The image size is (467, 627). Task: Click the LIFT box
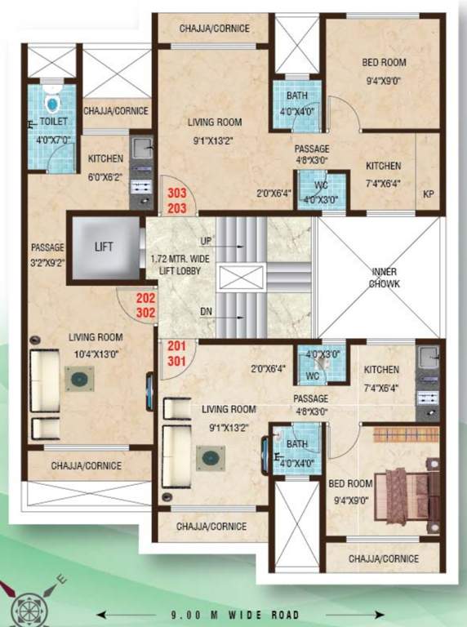(x=103, y=246)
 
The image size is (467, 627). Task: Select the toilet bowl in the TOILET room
(x=53, y=103)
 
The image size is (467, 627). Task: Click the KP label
(x=429, y=193)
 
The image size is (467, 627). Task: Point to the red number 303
(x=177, y=194)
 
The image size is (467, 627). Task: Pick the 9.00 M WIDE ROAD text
(x=234, y=615)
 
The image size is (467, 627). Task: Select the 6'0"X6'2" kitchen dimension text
(x=105, y=174)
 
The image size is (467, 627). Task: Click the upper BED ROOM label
(x=385, y=62)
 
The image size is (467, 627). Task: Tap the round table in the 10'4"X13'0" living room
(x=79, y=380)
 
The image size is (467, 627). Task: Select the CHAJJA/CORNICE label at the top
(x=214, y=29)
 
